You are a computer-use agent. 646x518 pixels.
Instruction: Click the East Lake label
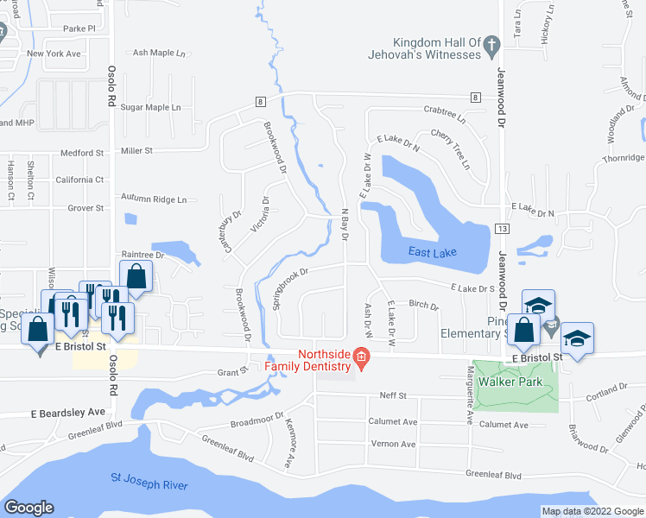coord(419,252)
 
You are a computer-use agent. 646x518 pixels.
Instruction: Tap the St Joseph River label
coord(149,482)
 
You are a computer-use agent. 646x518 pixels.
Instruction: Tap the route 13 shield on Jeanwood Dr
coord(501,228)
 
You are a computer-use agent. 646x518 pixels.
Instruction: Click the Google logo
coord(28,508)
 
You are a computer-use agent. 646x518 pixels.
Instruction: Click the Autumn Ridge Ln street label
coord(153,199)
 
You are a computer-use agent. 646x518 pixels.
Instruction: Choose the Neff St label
coord(392,395)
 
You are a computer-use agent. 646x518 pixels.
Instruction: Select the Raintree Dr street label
coord(142,255)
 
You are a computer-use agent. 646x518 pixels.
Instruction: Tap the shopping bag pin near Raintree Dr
coord(136,277)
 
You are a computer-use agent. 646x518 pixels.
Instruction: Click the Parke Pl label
coord(79,28)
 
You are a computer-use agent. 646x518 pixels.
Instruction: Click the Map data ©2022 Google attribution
coord(592,511)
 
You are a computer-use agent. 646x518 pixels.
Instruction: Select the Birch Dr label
coord(423,305)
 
